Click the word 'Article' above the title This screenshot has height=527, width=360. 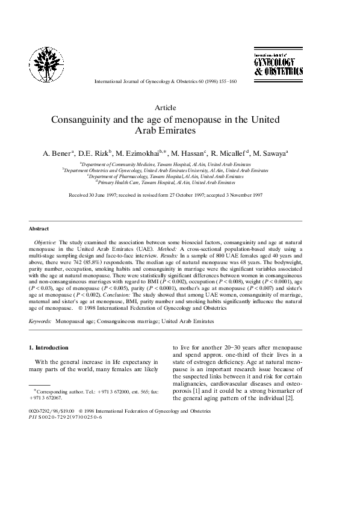pyautogui.click(x=165, y=107)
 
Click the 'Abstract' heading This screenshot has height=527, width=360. pyautogui.click(x=39, y=229)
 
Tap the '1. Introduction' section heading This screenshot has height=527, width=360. pyautogui.click(x=49, y=348)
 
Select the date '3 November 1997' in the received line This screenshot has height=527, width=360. pyautogui.click(x=243, y=196)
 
